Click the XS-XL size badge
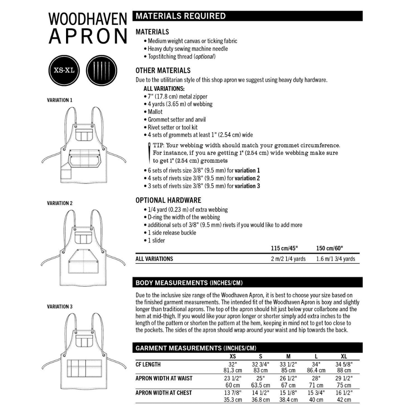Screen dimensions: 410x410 (64, 71)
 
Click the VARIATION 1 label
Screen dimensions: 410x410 (60, 100)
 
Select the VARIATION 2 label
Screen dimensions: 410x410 (60, 203)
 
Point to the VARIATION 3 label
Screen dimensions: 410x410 (60, 306)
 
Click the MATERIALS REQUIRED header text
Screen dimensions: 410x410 (181, 16)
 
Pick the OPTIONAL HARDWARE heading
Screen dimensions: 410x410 (168, 200)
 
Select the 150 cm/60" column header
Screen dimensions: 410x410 (330, 248)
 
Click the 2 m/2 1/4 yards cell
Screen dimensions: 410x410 (288, 259)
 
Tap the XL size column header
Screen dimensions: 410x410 (344, 356)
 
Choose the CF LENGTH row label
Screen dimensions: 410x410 (148, 364)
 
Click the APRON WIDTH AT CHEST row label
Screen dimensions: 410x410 (164, 393)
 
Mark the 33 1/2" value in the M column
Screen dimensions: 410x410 (288, 364)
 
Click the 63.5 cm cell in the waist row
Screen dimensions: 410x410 (260, 385)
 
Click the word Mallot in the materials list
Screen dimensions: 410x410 (155, 112)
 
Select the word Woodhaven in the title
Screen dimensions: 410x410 (88, 19)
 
